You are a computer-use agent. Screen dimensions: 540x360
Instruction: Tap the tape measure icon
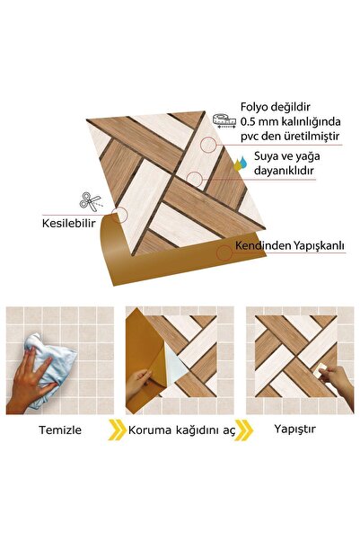224,120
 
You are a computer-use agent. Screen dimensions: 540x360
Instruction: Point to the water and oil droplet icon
240,164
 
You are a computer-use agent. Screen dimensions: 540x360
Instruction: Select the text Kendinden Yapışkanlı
288,243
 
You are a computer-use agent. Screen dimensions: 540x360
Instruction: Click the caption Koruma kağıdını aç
182,429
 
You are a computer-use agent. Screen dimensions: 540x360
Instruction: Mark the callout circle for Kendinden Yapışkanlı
224,253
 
